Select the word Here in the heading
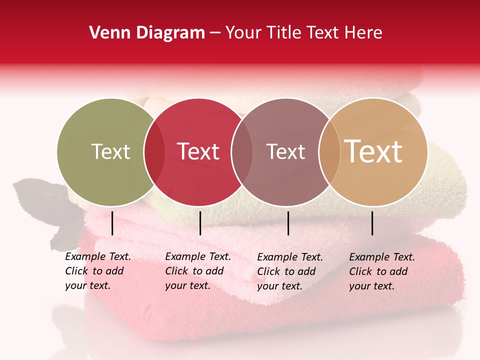point(363,33)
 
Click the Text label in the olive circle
point(110,151)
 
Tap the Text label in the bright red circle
point(198,151)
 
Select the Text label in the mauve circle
point(285,151)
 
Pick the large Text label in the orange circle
point(373,151)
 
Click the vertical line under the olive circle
point(112,223)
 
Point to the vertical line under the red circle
point(200,223)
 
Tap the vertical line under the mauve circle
point(288,223)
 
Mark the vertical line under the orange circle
point(372,223)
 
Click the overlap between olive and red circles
point(154,152)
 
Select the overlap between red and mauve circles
point(241,152)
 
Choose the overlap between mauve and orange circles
point(329,152)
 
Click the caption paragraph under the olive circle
point(97,271)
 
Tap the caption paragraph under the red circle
point(197,271)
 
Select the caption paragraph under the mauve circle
point(289,271)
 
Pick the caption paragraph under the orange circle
point(381,271)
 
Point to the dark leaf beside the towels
point(37,200)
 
